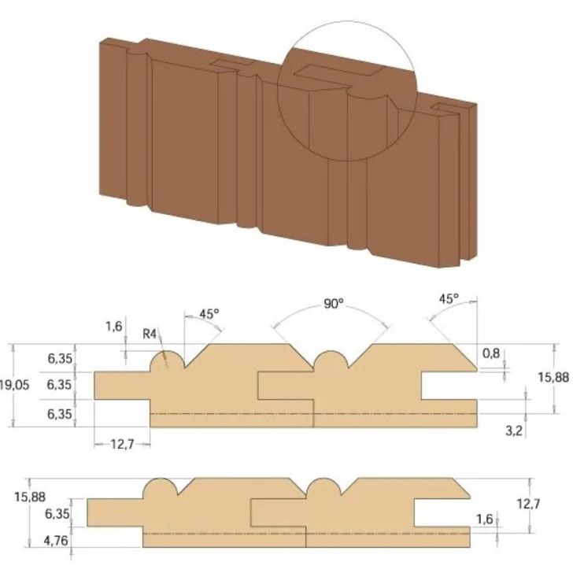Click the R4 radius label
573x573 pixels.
point(150,333)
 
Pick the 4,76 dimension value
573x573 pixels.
point(58,540)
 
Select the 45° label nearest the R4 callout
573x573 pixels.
point(209,313)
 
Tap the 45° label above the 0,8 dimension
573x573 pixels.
point(448,299)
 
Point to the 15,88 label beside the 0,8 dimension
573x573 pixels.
point(553,378)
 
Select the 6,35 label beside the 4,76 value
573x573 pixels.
point(58,514)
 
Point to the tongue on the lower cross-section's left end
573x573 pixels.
point(115,514)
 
